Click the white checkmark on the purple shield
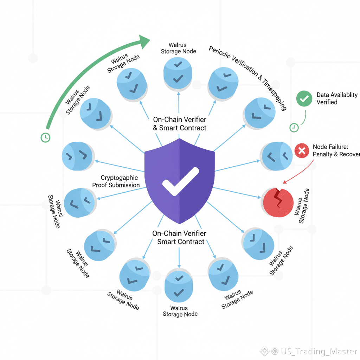tap(180, 181)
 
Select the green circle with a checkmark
tap(304, 98)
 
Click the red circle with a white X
tap(301, 151)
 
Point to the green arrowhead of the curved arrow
tap(144, 42)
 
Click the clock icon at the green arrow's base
tap(45, 137)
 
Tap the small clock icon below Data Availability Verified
tap(294, 128)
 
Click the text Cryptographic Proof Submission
tap(116, 181)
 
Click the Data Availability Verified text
tap(337, 98)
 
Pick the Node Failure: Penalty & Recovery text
tap(336, 150)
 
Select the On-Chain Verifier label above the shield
tap(180, 124)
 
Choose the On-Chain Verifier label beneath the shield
tap(179, 237)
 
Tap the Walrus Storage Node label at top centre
tap(178, 48)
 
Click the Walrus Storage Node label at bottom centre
tap(180, 311)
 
